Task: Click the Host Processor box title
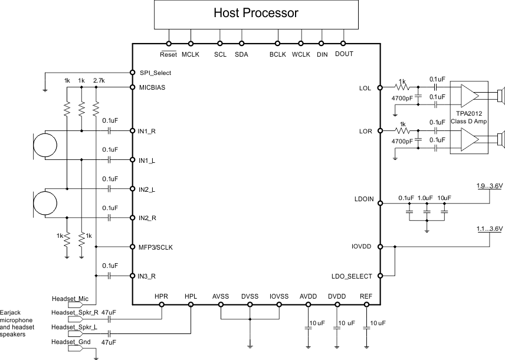point(255,12)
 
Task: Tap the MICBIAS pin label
point(152,87)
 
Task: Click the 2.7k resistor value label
point(99,80)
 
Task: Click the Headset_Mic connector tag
point(69,299)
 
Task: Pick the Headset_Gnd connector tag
point(70,341)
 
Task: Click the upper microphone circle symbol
point(45,145)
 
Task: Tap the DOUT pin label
point(343,54)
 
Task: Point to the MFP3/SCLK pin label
point(158,247)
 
